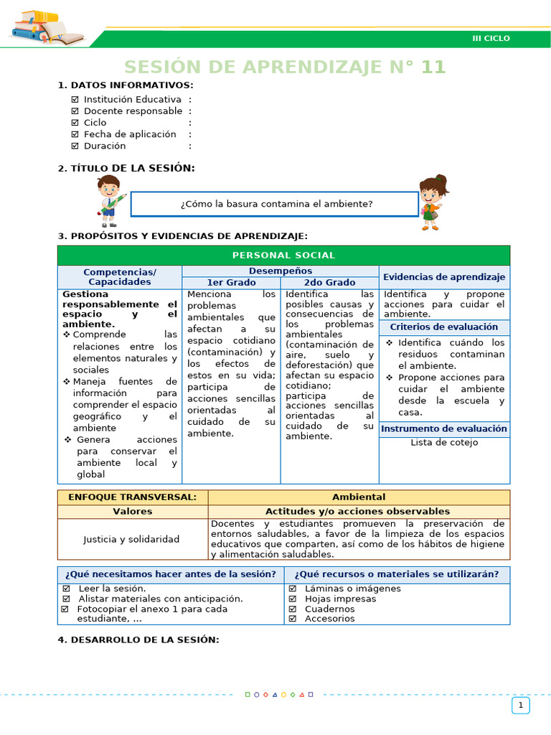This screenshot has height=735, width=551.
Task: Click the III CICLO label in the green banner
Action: (x=491, y=38)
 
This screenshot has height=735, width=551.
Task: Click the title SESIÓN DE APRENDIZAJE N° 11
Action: (x=285, y=67)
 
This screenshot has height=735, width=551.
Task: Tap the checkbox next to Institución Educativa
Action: (x=75, y=100)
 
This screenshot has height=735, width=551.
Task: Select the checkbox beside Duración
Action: (x=75, y=146)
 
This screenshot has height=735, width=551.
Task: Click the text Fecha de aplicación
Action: (x=129, y=134)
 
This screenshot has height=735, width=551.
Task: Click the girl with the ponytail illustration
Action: (x=432, y=201)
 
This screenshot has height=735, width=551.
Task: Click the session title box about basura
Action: (x=275, y=204)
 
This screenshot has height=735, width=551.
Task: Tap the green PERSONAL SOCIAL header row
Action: (x=283, y=256)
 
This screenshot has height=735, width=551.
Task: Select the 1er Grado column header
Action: (x=231, y=283)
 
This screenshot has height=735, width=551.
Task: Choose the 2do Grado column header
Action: (x=329, y=283)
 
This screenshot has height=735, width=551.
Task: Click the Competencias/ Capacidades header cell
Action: (x=120, y=277)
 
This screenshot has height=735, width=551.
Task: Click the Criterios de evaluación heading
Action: (x=444, y=327)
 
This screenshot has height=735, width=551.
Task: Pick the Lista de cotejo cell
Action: (x=444, y=443)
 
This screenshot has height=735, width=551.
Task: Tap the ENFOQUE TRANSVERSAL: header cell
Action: (x=132, y=497)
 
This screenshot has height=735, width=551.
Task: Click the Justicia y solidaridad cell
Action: (x=132, y=539)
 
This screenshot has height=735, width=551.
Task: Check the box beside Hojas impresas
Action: (x=293, y=599)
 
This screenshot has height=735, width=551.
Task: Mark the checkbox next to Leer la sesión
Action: (x=67, y=589)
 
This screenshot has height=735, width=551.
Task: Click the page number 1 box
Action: (x=520, y=706)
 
